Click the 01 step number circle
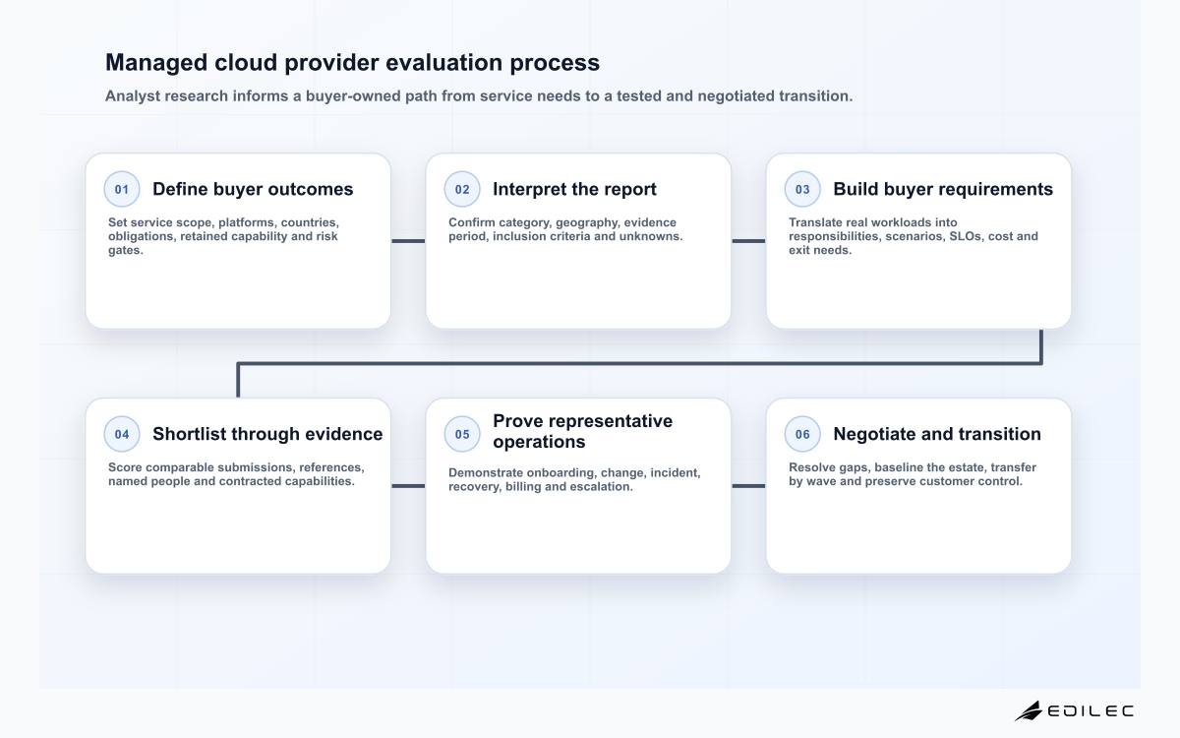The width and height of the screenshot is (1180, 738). (122, 189)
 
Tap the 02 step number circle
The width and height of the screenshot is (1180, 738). (462, 189)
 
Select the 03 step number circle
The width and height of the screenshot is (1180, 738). (802, 189)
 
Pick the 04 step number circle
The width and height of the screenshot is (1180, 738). (122, 434)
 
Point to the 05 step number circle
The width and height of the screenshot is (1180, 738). (462, 434)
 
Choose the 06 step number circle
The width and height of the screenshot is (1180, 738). (802, 434)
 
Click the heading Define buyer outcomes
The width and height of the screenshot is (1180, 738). (253, 189)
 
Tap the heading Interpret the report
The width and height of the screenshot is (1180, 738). (574, 189)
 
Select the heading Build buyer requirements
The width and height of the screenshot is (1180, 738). (943, 189)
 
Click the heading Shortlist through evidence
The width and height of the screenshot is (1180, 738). (267, 434)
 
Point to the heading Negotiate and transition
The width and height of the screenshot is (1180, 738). (937, 434)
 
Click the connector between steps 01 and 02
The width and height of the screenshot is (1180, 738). (408, 241)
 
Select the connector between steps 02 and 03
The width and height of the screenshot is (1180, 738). (748, 241)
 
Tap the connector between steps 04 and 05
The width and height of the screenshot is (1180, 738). (408, 486)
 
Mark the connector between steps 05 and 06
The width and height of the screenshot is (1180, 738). (748, 486)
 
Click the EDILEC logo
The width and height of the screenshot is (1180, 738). (1074, 711)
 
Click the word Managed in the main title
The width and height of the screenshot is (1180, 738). (156, 63)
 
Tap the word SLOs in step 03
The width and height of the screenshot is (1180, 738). (967, 236)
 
